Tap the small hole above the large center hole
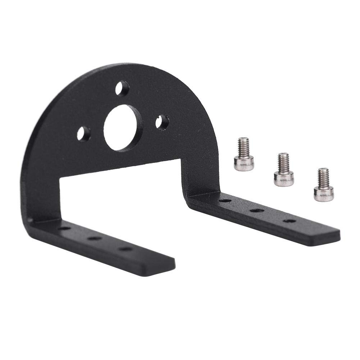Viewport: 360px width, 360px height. click(122, 88)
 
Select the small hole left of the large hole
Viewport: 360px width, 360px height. click(84, 134)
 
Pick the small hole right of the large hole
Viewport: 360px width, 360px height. click(163, 122)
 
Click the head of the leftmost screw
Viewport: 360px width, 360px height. click(244, 163)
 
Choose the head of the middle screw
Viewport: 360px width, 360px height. click(284, 178)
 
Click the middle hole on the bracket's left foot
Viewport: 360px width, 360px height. click(95, 238)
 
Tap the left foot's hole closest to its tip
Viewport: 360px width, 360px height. click(125, 249)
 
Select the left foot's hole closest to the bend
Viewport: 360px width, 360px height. click(64, 228)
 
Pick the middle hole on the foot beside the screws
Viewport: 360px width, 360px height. click(257, 210)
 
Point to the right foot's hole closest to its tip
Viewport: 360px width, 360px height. click(289, 220)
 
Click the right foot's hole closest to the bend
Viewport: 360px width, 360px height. click(225, 200)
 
